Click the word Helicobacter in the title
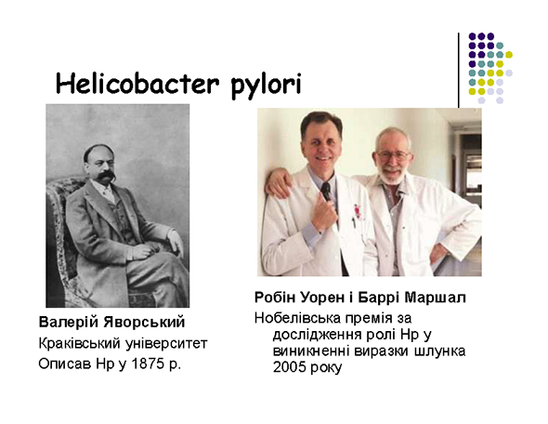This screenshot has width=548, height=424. point(137,84)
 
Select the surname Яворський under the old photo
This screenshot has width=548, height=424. point(144,323)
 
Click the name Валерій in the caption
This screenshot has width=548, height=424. point(68,323)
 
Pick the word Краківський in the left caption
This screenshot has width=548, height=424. point(79,343)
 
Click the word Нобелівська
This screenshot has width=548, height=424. point(297,318)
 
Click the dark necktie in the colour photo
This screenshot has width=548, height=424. point(326,192)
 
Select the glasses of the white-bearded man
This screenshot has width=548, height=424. point(393,154)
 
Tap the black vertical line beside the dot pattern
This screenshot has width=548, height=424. point(459,70)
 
